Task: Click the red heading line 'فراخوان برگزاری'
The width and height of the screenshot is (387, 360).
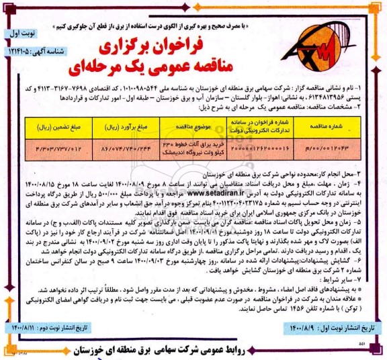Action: [x=196, y=49]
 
